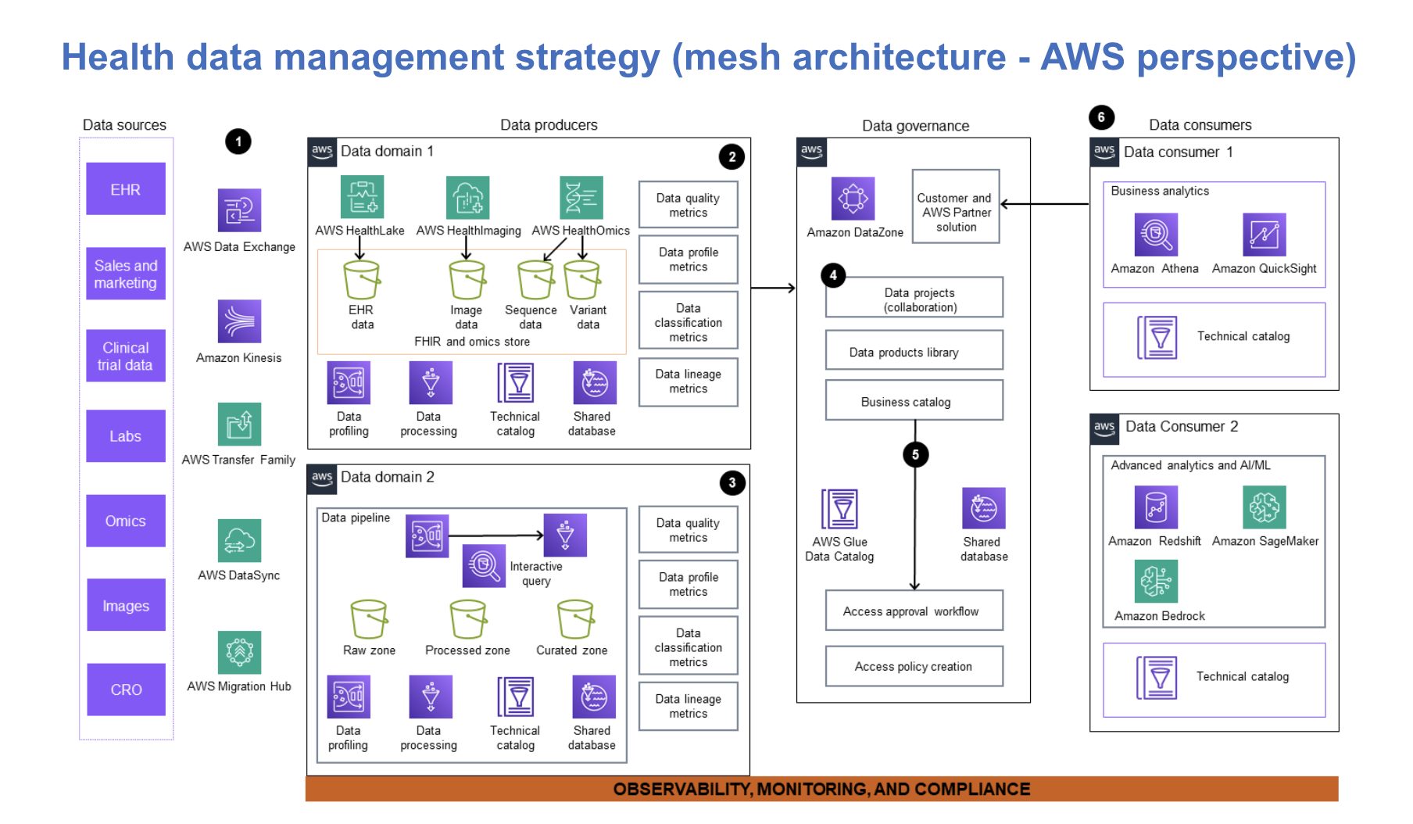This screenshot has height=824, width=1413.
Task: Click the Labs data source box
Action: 125,435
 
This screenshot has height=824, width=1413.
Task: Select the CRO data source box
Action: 126,689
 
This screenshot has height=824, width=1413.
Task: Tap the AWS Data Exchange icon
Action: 239,210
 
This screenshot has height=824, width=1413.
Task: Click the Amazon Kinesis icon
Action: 239,321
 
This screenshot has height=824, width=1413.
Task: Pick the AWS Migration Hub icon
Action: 239,652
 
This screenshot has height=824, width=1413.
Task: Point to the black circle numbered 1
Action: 238,142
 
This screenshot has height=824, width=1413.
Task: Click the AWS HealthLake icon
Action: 362,197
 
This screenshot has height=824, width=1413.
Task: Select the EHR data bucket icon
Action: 361,280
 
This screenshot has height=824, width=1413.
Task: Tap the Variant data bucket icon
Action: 582,280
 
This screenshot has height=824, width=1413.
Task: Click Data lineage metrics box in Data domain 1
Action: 688,382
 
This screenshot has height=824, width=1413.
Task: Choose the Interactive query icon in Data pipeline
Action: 484,565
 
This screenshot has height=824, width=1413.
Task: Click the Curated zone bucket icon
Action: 575,620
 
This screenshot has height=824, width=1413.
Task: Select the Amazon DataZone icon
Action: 853,199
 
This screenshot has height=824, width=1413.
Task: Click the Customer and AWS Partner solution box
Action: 956,207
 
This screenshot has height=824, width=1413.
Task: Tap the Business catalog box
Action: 914,401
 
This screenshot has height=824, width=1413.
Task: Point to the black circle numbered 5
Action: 915,454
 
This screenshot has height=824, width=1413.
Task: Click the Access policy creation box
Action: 914,666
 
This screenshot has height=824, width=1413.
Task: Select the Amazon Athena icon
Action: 1155,235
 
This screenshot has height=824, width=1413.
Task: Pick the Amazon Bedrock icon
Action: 1155,582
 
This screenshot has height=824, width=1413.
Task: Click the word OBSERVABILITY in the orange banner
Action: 681,789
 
